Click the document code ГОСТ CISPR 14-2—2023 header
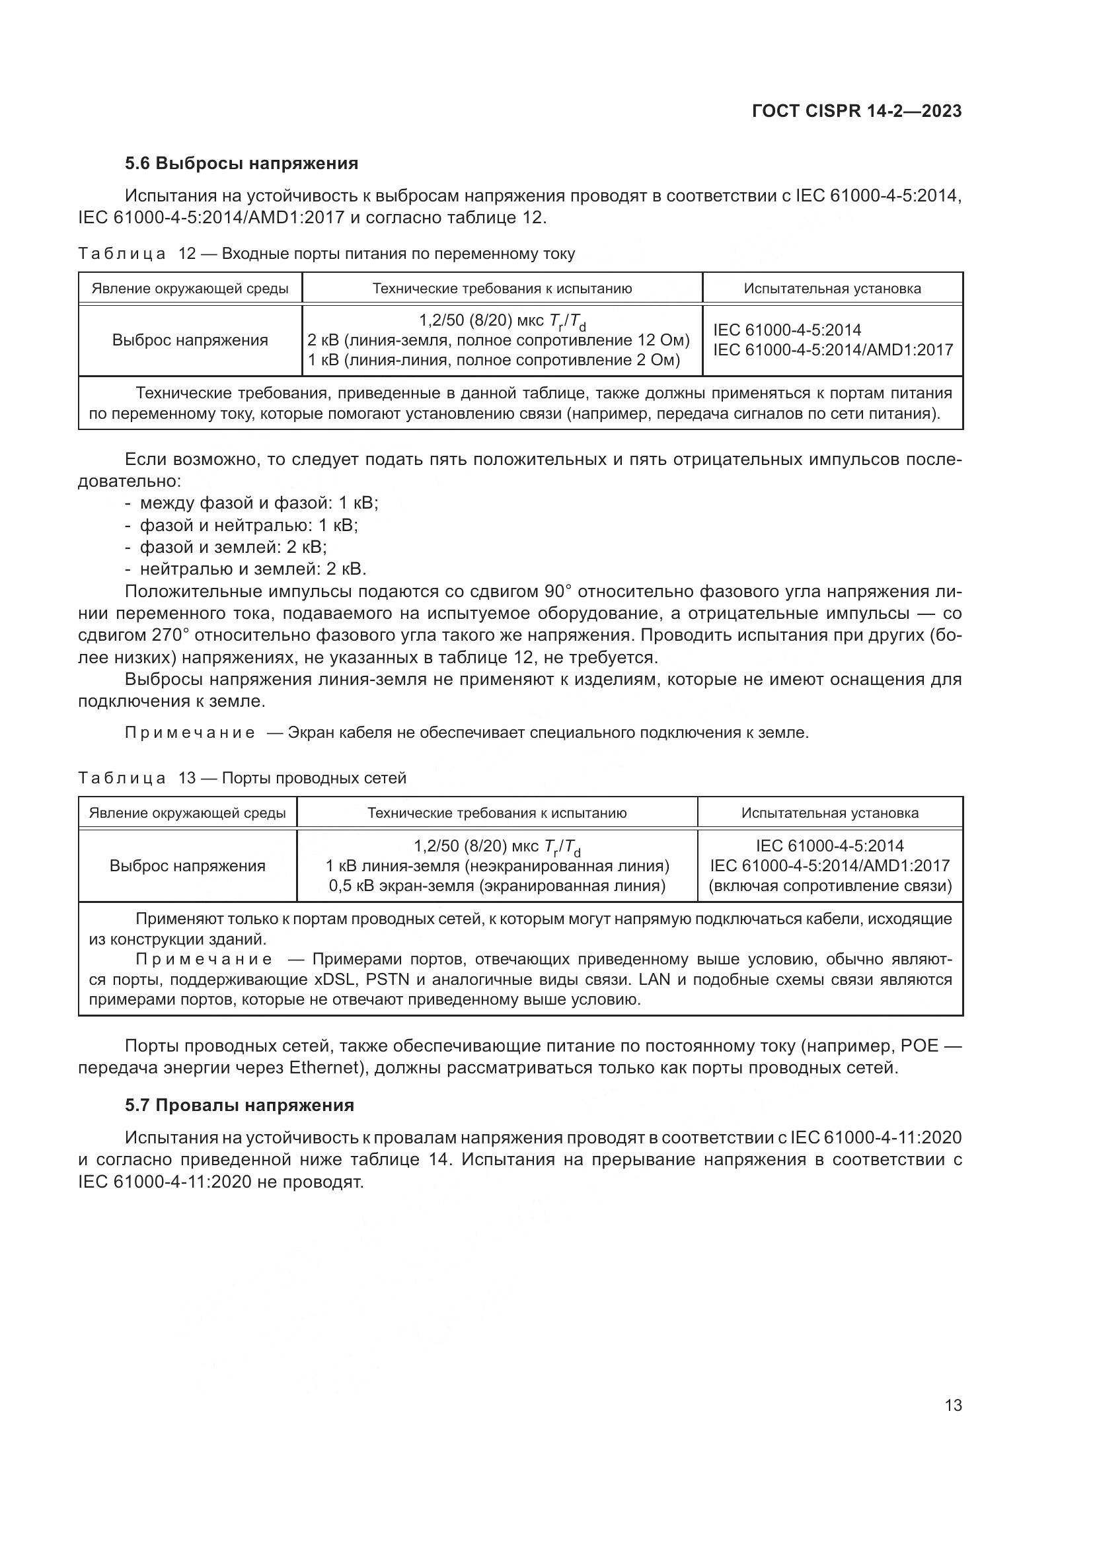coord(856,111)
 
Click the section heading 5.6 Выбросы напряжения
coord(241,164)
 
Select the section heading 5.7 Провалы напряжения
coord(239,1105)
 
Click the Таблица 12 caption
coord(326,254)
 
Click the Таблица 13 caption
coord(243,778)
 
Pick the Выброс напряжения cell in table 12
coord(190,340)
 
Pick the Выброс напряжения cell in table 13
coord(187,865)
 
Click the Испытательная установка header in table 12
coord(832,289)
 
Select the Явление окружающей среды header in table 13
coord(187,813)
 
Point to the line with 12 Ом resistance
coord(498,340)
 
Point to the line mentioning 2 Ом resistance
coord(494,360)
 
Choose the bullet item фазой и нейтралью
coord(248,525)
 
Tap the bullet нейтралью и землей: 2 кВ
coord(252,569)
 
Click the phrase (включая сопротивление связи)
coord(830,886)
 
